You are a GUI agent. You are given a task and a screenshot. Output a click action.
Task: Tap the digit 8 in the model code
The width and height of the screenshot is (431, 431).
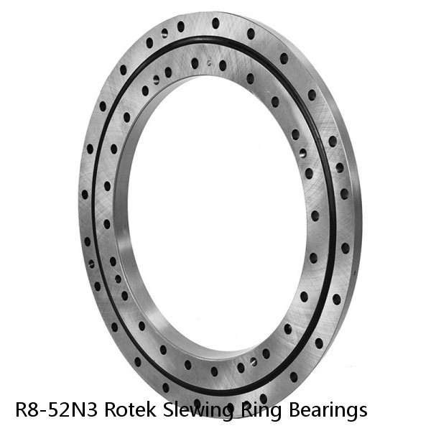32,410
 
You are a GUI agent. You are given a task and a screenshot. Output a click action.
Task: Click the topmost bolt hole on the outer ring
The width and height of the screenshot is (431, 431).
215,23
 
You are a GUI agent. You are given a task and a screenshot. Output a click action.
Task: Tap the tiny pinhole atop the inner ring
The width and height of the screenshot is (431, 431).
209,62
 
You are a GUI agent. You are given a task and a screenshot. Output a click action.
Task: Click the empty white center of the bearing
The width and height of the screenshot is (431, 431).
215,215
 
